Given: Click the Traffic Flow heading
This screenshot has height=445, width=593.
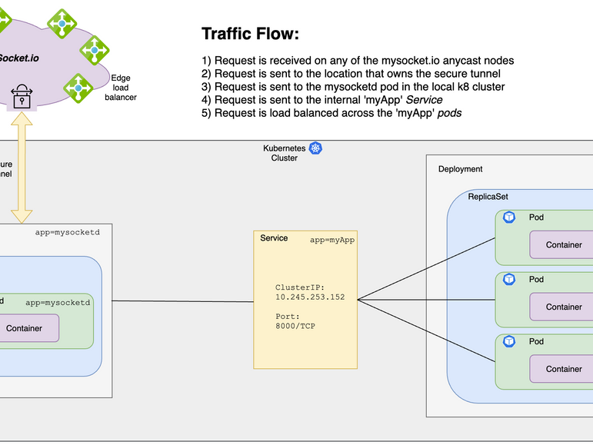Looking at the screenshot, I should (x=250, y=35).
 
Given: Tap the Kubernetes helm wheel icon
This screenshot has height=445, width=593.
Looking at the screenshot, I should (x=315, y=148).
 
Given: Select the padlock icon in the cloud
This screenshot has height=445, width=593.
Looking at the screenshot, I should (x=22, y=97).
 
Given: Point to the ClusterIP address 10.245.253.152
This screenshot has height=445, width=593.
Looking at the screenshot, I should (x=310, y=297).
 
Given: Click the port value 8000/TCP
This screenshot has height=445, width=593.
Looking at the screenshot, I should (x=295, y=326).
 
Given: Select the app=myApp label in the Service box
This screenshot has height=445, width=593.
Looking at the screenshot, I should (x=332, y=240).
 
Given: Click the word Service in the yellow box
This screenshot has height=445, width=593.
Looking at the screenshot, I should (x=274, y=238).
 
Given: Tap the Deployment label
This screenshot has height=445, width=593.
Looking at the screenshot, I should (x=460, y=169).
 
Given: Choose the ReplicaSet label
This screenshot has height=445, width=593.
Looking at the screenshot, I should (x=488, y=197).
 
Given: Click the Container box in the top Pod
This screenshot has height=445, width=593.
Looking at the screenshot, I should (x=563, y=244).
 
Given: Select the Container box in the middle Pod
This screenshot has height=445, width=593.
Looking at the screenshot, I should (x=563, y=307).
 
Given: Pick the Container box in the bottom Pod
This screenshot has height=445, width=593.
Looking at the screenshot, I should (x=563, y=369).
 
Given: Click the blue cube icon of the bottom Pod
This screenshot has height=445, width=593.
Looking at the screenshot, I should (x=508, y=341).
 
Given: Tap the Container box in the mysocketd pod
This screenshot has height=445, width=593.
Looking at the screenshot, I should (x=25, y=328).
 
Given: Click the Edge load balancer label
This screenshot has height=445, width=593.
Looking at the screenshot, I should (x=121, y=88).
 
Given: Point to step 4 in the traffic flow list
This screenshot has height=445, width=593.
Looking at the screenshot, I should (x=328, y=100).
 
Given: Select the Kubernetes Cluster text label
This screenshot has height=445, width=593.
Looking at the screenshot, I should (x=284, y=152).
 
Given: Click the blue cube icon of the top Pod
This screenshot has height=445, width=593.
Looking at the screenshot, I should (x=508, y=218).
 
